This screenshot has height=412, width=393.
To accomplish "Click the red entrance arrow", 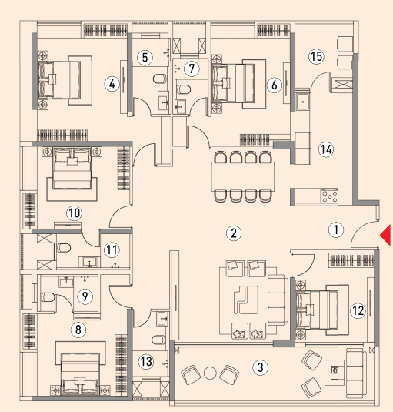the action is click(x=386, y=235).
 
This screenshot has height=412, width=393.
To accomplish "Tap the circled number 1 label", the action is click(x=336, y=230).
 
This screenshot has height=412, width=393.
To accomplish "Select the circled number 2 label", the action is click(x=234, y=233).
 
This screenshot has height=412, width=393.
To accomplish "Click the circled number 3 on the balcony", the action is click(x=260, y=367).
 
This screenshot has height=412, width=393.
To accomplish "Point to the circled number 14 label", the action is click(x=326, y=149).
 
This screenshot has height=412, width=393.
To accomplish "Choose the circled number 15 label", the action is click(x=316, y=56).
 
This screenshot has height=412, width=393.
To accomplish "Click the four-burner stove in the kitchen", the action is click(x=330, y=196).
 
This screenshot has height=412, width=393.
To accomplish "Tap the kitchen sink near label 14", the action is click(x=303, y=102).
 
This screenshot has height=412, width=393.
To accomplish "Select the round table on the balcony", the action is click(x=210, y=373).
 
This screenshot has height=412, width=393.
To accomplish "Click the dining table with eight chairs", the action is click(x=243, y=177).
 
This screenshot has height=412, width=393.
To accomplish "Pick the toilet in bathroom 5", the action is click(x=160, y=79).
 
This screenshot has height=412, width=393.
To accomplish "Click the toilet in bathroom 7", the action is click(x=184, y=89).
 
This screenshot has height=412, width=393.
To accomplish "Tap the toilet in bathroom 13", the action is click(x=158, y=340).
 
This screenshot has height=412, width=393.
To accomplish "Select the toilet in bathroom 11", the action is click(x=64, y=248).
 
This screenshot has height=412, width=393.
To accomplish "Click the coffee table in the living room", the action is click(x=245, y=300).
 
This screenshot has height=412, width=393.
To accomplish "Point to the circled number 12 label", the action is click(x=358, y=311).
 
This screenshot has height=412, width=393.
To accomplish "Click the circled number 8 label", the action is click(x=78, y=330).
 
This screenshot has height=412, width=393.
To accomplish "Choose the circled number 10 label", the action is click(x=74, y=213).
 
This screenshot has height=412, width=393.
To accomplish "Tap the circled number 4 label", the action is click(x=112, y=84).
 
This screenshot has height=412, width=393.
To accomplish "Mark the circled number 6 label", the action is click(x=275, y=85).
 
